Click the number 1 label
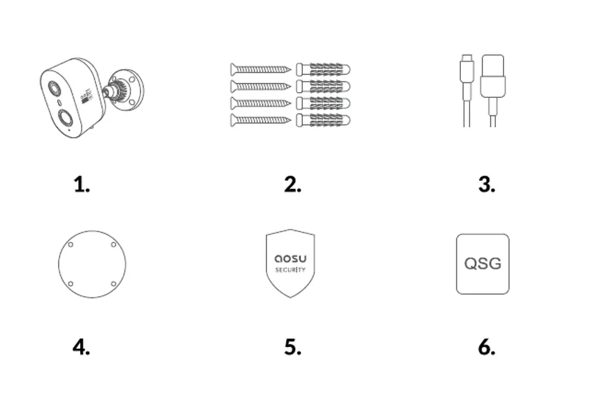pyautogui.click(x=82, y=184)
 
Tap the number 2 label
pyautogui.click(x=293, y=184)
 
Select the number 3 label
pyautogui.click(x=487, y=184)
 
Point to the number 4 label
pyautogui.click(x=82, y=347)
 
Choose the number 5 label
pyautogui.click(x=293, y=347)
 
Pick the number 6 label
pyautogui.click(x=487, y=347)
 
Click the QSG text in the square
pyautogui.click(x=483, y=263)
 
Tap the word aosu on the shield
pyautogui.click(x=290, y=258)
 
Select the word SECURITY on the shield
pyautogui.click(x=290, y=270)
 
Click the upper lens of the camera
pyautogui.click(x=54, y=88)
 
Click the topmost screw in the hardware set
pyautogui.click(x=261, y=70)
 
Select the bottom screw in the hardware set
pyautogui.click(x=261, y=120)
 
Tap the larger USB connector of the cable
pyautogui.click(x=493, y=76)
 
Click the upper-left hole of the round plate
pyautogui.click(x=71, y=244)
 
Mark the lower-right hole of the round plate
pyautogui.click(x=114, y=284)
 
